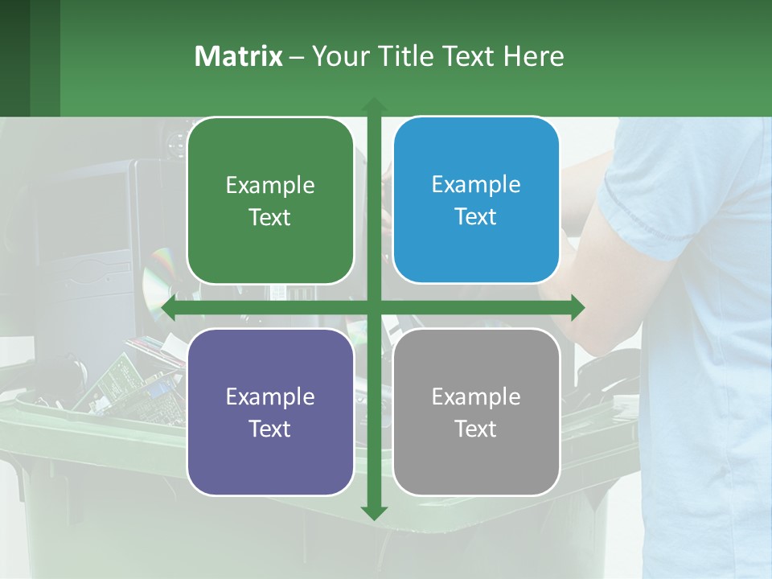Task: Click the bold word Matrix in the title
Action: click(x=238, y=56)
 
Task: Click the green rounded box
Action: click(x=269, y=201)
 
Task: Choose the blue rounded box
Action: click(x=476, y=200)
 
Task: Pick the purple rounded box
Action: click(x=269, y=412)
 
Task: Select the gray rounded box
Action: click(x=476, y=412)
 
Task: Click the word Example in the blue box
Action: click(x=476, y=184)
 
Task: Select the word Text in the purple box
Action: click(x=269, y=429)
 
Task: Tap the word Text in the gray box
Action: click(x=476, y=429)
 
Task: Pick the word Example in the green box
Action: click(x=269, y=185)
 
